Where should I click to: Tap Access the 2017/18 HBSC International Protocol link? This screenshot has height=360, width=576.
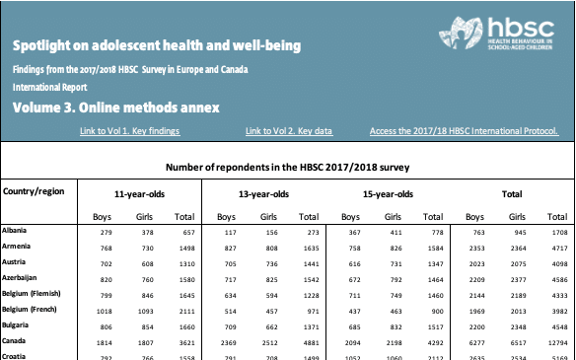(464, 130)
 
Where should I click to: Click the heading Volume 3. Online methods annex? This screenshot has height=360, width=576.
(116, 107)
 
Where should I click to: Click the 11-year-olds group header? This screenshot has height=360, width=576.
(140, 194)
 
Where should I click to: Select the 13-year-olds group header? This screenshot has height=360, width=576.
(263, 194)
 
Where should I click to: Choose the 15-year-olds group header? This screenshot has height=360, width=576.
(388, 194)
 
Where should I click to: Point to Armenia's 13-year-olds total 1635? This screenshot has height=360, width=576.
(308, 249)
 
